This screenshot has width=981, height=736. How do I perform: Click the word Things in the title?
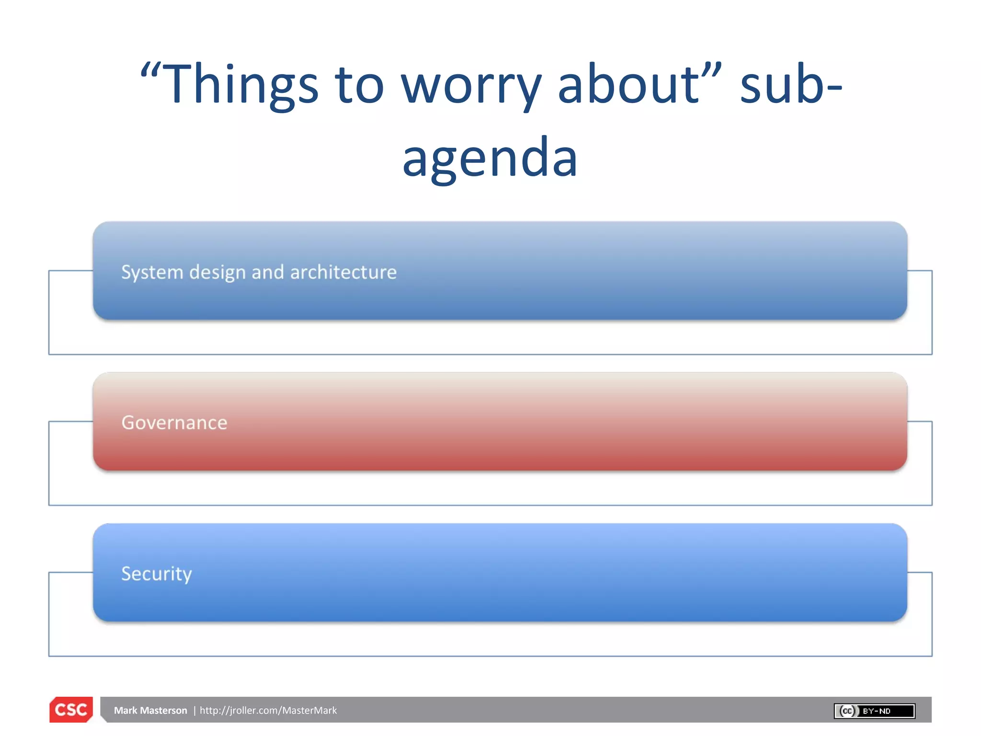[242, 85]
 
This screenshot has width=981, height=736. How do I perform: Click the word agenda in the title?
[490, 158]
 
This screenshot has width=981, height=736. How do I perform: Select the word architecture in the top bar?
[343, 272]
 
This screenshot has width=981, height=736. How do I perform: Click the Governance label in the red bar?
[174, 423]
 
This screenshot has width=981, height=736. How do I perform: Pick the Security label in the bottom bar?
[157, 574]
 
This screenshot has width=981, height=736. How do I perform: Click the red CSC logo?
[71, 710]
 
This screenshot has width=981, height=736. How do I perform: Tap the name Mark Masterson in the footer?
[150, 711]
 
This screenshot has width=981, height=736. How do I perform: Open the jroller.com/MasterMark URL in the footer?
[268, 711]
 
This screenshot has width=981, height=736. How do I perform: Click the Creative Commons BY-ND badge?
[875, 711]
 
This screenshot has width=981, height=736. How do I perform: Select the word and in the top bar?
[268, 272]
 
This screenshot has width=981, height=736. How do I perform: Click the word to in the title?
[359, 85]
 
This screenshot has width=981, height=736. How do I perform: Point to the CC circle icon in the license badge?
[847, 711]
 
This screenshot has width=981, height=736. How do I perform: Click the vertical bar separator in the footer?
[194, 711]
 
